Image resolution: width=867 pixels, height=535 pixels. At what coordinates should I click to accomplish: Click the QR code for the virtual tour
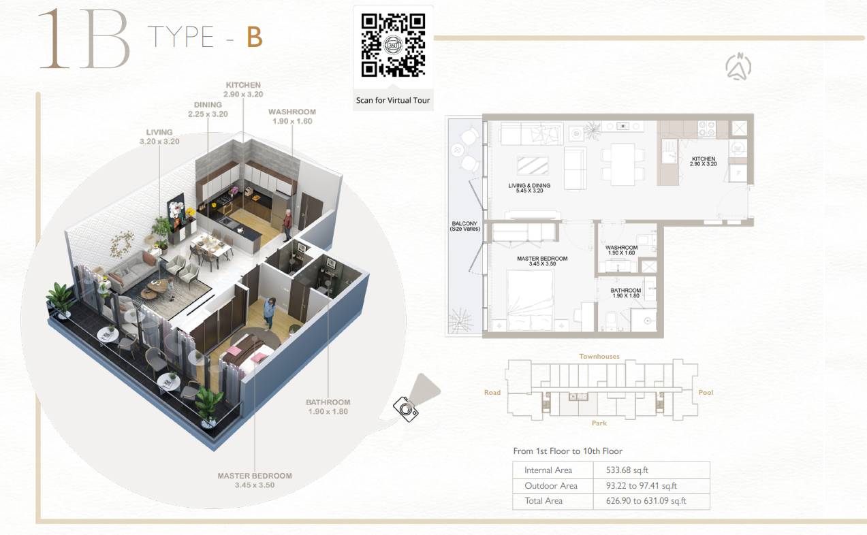click(393, 45)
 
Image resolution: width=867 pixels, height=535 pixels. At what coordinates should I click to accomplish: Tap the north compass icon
click(738, 67)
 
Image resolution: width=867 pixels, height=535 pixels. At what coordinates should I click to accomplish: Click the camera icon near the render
click(405, 409)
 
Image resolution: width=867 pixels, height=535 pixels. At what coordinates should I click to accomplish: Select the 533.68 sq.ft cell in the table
click(627, 470)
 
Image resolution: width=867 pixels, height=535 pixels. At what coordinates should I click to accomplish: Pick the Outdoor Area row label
click(551, 485)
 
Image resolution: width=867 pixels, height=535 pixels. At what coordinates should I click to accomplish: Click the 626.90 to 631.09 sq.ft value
click(646, 500)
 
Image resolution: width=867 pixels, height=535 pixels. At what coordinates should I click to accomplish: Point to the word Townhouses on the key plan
click(599, 356)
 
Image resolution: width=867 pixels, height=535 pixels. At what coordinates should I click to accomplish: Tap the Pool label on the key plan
click(706, 392)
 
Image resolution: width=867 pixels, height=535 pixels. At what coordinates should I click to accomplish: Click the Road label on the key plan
click(492, 392)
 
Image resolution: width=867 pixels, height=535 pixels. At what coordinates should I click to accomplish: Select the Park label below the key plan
click(599, 423)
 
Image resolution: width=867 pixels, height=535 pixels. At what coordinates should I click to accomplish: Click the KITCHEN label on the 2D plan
click(704, 161)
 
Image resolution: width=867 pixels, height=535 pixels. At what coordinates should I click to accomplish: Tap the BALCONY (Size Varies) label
click(464, 226)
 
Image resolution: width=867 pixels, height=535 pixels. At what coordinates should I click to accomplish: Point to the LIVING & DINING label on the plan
click(529, 188)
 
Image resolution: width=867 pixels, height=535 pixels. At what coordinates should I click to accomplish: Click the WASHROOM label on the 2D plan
click(621, 250)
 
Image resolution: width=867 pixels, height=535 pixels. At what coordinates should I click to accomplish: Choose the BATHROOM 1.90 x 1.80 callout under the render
click(328, 406)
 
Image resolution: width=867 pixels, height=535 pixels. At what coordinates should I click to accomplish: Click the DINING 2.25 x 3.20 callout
click(208, 109)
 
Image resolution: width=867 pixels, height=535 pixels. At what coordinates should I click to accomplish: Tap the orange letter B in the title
click(255, 37)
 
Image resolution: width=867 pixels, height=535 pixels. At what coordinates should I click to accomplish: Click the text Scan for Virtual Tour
click(393, 100)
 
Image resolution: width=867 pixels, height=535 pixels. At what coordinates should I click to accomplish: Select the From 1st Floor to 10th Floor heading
click(568, 451)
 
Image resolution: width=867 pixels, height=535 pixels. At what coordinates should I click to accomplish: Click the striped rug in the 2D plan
click(533, 165)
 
